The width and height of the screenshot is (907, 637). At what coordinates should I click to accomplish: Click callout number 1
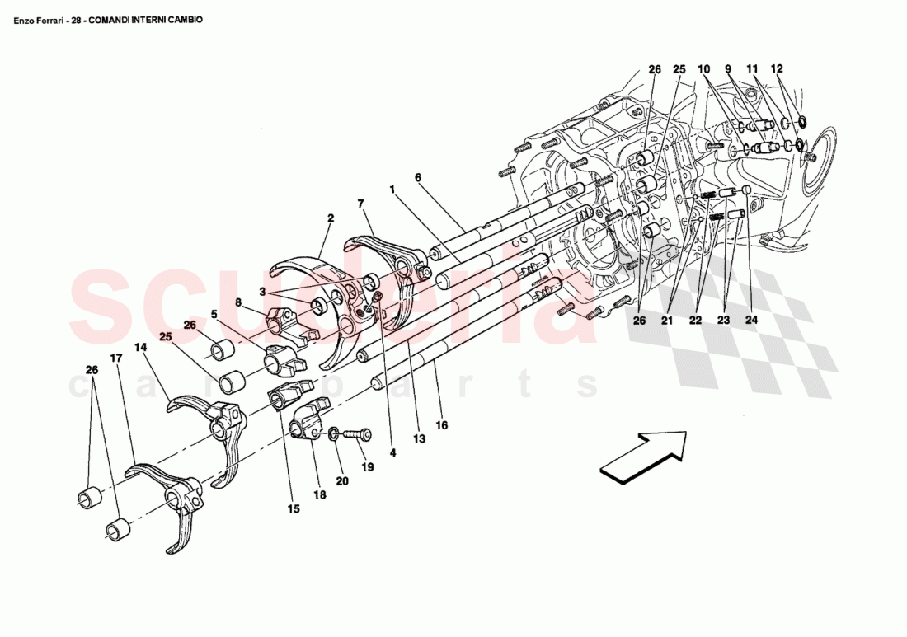(392, 189)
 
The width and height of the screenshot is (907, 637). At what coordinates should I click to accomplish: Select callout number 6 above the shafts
(418, 177)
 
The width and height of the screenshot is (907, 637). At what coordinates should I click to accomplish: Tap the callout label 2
(330, 218)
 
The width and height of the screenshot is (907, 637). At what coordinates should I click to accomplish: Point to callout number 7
(360, 203)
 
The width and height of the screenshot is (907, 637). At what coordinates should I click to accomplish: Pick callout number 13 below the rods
(419, 439)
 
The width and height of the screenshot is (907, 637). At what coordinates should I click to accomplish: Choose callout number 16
(442, 426)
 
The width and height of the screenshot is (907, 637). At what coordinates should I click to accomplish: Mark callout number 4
(392, 452)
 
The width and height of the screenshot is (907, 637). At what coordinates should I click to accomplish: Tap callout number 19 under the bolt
(368, 466)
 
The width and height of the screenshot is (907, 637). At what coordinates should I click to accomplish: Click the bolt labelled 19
(355, 433)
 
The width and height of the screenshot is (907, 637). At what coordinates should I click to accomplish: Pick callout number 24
(750, 319)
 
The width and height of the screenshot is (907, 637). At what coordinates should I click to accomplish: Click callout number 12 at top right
(778, 69)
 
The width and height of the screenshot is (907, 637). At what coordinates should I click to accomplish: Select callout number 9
(728, 69)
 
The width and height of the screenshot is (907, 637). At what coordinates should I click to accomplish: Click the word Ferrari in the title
(50, 18)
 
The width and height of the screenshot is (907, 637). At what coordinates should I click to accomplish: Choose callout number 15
(294, 509)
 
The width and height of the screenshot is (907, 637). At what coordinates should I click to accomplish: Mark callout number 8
(238, 302)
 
